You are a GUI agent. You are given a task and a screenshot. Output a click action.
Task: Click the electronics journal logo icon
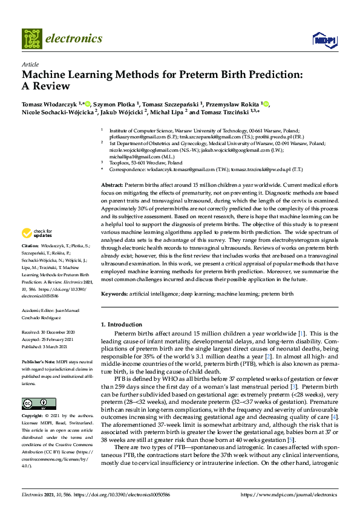click(32, 39)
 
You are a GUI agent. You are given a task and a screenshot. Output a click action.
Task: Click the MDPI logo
click(324, 40)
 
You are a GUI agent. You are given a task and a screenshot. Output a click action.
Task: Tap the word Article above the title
click(30, 63)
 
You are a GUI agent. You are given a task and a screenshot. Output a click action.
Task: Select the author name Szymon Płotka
click(115, 104)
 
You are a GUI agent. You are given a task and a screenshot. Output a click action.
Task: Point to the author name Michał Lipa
click(168, 112)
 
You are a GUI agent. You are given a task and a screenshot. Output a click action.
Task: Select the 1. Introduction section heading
click(122, 325)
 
